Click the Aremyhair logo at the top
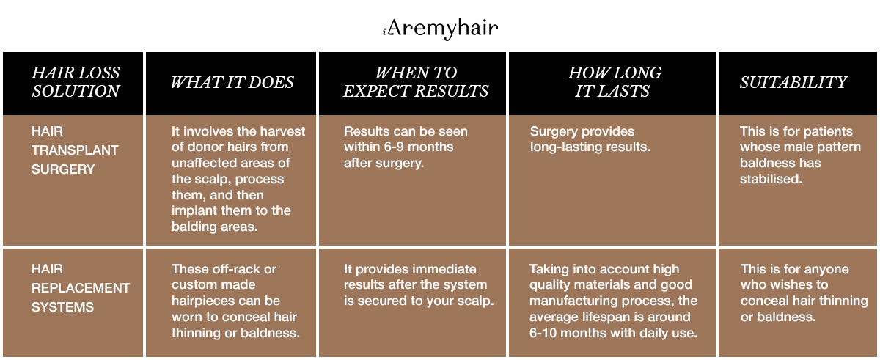441,29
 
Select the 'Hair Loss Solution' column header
76,81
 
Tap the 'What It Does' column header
232,82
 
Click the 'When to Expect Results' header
416,81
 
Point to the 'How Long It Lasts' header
614,81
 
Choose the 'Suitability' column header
793,82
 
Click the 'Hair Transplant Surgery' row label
75,150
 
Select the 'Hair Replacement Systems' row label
81,287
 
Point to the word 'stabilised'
771,179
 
